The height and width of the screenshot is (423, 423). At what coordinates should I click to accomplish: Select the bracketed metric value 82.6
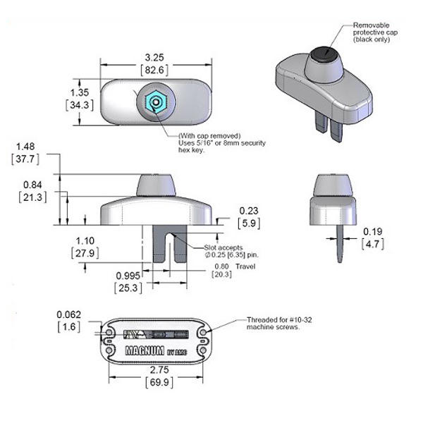pyautogui.click(x=157, y=71)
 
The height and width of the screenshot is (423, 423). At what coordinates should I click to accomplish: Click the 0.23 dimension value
pyautogui.click(x=250, y=210)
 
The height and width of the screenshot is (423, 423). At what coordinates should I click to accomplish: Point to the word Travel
pyautogui.click(x=245, y=266)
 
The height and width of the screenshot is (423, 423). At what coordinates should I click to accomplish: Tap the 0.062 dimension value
pyautogui.click(x=70, y=314)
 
